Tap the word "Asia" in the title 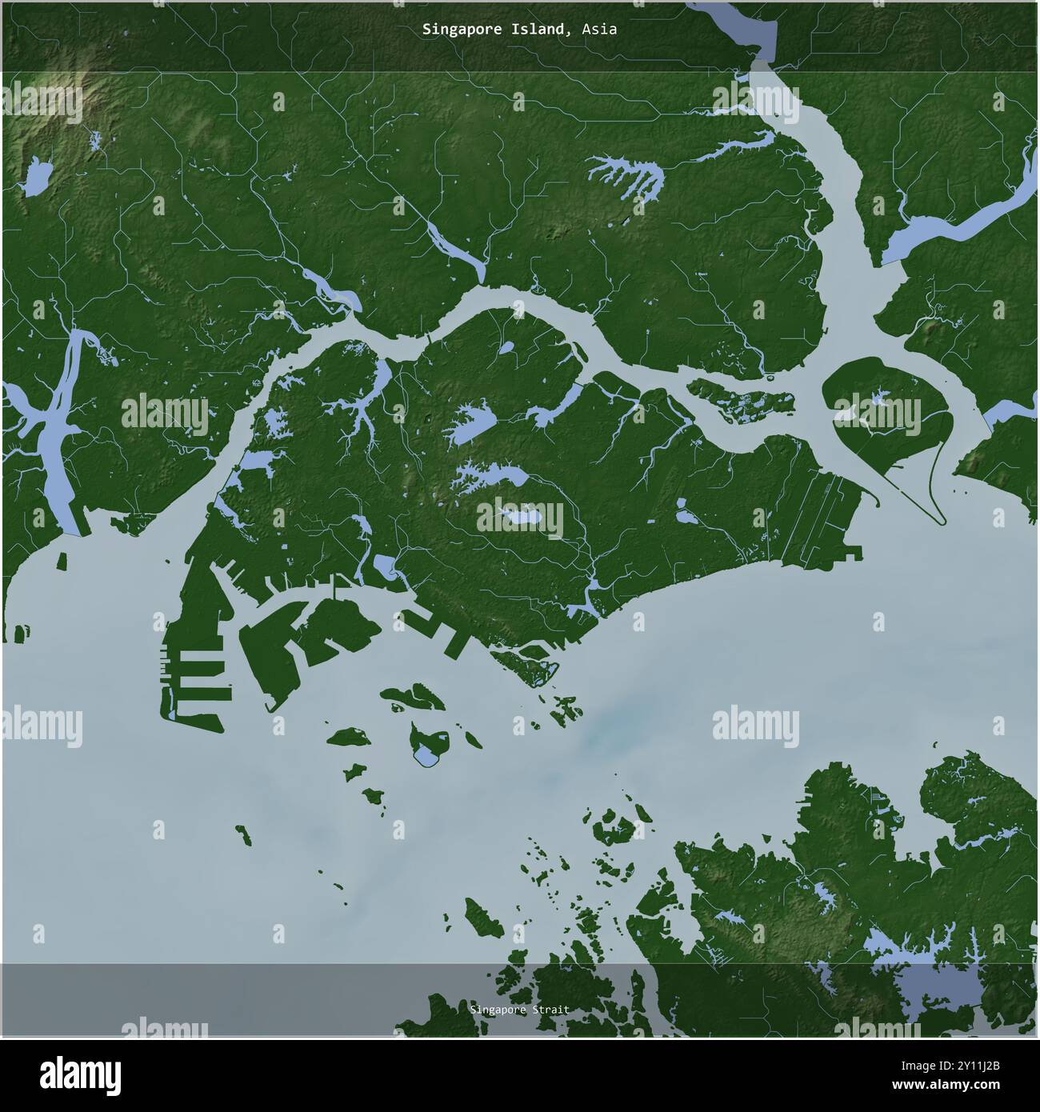tap(599, 30)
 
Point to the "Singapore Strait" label tap(520, 1010)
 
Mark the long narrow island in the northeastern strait tap(740, 400)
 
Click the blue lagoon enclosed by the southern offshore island tap(429, 752)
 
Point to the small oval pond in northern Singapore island tap(506, 348)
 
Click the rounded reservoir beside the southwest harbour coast tap(384, 569)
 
